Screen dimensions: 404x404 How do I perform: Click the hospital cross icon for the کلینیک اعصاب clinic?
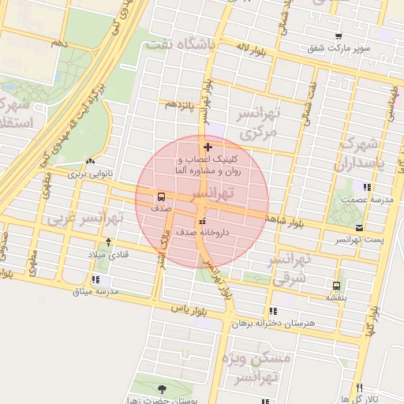tap(208, 148)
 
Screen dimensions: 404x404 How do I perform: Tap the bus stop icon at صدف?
tap(161, 196)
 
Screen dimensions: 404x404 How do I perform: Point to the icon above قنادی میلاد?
tap(108, 242)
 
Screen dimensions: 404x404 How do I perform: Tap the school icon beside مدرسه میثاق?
tap(95, 279)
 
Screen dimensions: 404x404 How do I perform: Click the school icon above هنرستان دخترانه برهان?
tap(273, 311)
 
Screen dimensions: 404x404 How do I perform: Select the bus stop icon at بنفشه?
tap(337, 285)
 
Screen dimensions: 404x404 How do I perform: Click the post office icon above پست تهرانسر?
tap(359, 227)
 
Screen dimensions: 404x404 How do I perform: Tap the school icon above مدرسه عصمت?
tap(366, 187)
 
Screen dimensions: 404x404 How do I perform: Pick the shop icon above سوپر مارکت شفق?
tap(339, 36)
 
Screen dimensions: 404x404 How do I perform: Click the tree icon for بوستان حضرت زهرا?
tap(162, 388)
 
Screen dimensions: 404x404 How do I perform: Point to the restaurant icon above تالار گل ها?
tap(359, 387)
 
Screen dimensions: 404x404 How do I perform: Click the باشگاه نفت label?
tap(180, 45)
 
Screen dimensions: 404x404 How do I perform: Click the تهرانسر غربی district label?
tap(80, 217)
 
